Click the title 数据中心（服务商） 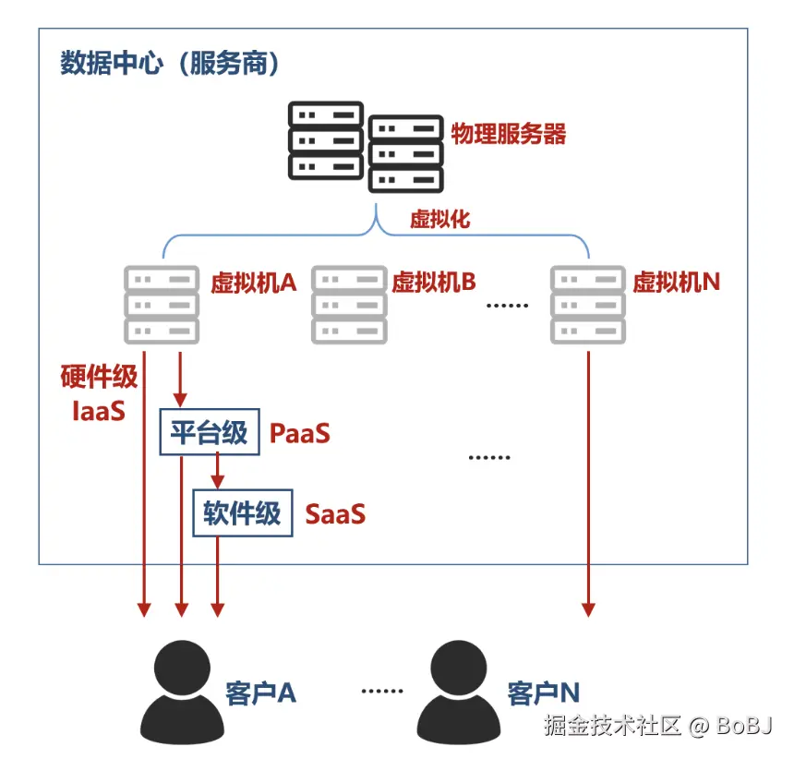[x=171, y=64]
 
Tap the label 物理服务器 [x=509, y=134]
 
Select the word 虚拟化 [x=440, y=219]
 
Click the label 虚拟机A [x=253, y=283]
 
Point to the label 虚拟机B [x=434, y=283]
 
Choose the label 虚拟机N [x=677, y=283]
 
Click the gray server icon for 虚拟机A [x=162, y=305]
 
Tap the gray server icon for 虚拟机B [x=349, y=305]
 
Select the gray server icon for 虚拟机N [x=587, y=305]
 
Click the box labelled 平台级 [x=210, y=432]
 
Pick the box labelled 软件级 [x=243, y=513]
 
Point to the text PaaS [x=300, y=433]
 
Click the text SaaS [x=335, y=514]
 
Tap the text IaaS [x=98, y=410]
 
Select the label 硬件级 [x=99, y=377]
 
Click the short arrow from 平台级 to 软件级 [x=217, y=472]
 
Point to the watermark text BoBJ [x=744, y=725]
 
